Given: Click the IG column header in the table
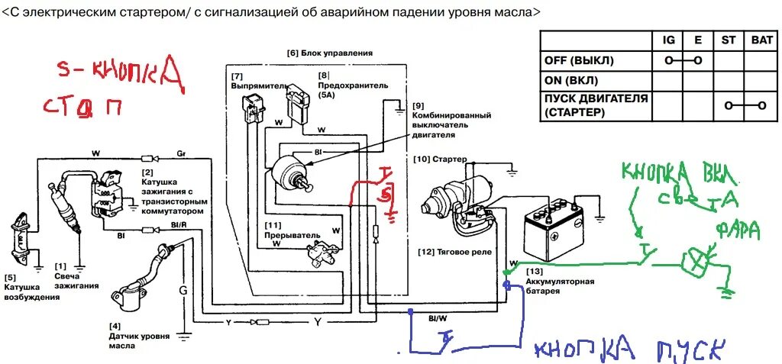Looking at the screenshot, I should click(x=668, y=39).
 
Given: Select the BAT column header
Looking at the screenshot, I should click(x=761, y=39).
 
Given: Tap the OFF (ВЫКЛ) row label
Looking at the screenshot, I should click(x=579, y=60).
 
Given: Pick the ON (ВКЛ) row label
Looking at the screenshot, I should click(x=571, y=80).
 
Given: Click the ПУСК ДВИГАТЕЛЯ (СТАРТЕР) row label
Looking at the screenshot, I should click(x=596, y=105).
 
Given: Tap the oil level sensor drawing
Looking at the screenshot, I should click(x=145, y=275).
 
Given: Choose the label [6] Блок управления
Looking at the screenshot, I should click(x=329, y=53).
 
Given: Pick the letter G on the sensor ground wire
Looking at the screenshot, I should click(x=183, y=290).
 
